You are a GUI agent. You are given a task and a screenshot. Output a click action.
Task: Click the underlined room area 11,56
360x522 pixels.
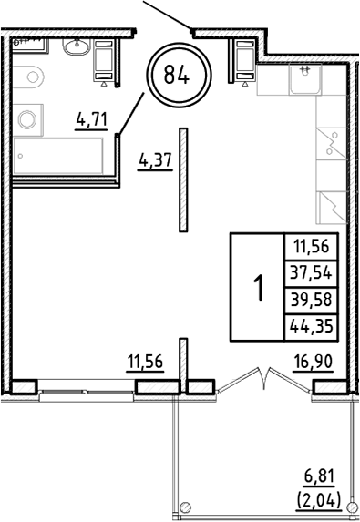click(x=144, y=362)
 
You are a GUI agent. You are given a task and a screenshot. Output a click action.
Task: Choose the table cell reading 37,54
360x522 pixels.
click(x=311, y=272)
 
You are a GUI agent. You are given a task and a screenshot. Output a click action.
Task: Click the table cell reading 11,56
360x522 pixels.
click(x=311, y=245)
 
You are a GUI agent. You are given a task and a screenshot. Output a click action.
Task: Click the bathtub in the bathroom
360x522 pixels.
click(x=60, y=160)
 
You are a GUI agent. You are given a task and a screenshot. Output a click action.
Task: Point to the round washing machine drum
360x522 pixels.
click(x=27, y=119)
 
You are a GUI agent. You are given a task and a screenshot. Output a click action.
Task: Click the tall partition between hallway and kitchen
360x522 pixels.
click(x=184, y=179)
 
